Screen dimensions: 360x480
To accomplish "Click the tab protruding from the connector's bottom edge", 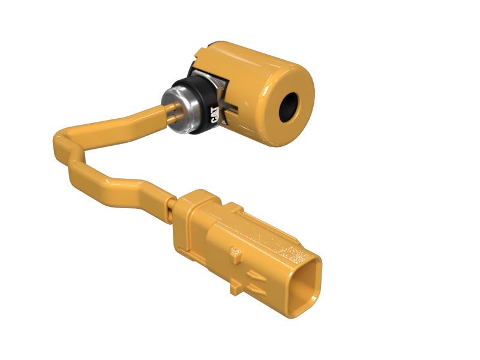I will pos(236,288).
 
